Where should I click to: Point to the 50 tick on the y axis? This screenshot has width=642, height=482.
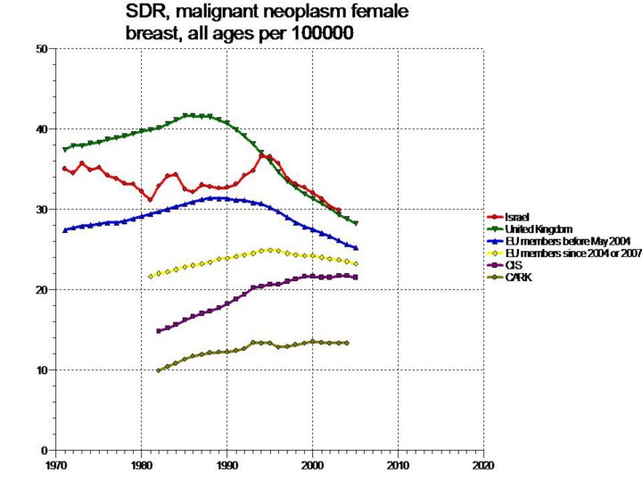point(40,49)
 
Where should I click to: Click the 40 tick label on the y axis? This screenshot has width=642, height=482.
point(40,129)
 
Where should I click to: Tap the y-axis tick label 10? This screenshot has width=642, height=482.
point(40,370)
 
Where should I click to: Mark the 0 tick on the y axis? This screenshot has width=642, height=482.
point(44,451)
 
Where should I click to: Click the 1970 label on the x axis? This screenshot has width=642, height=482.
point(55,466)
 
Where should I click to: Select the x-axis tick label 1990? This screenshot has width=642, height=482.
point(226,466)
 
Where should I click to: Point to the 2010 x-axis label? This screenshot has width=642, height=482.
point(398,466)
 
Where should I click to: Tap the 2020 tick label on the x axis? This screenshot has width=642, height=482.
point(482,466)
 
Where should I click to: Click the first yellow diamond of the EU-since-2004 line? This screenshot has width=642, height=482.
point(150,277)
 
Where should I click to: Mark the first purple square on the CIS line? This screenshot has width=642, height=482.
point(159,331)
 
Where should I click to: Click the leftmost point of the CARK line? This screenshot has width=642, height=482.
point(159,370)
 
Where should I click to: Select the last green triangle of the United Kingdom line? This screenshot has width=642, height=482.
point(355,223)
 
